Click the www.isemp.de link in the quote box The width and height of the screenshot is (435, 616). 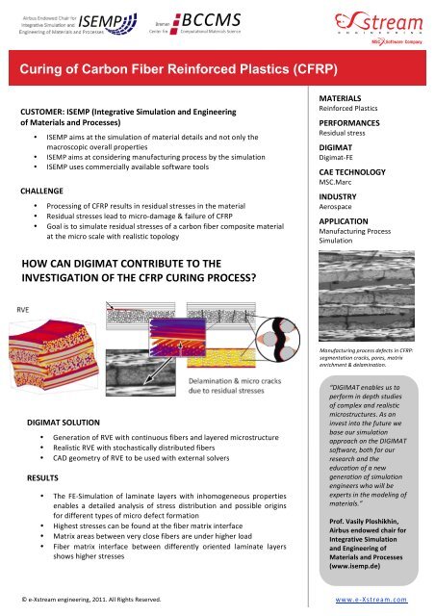[357, 555]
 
